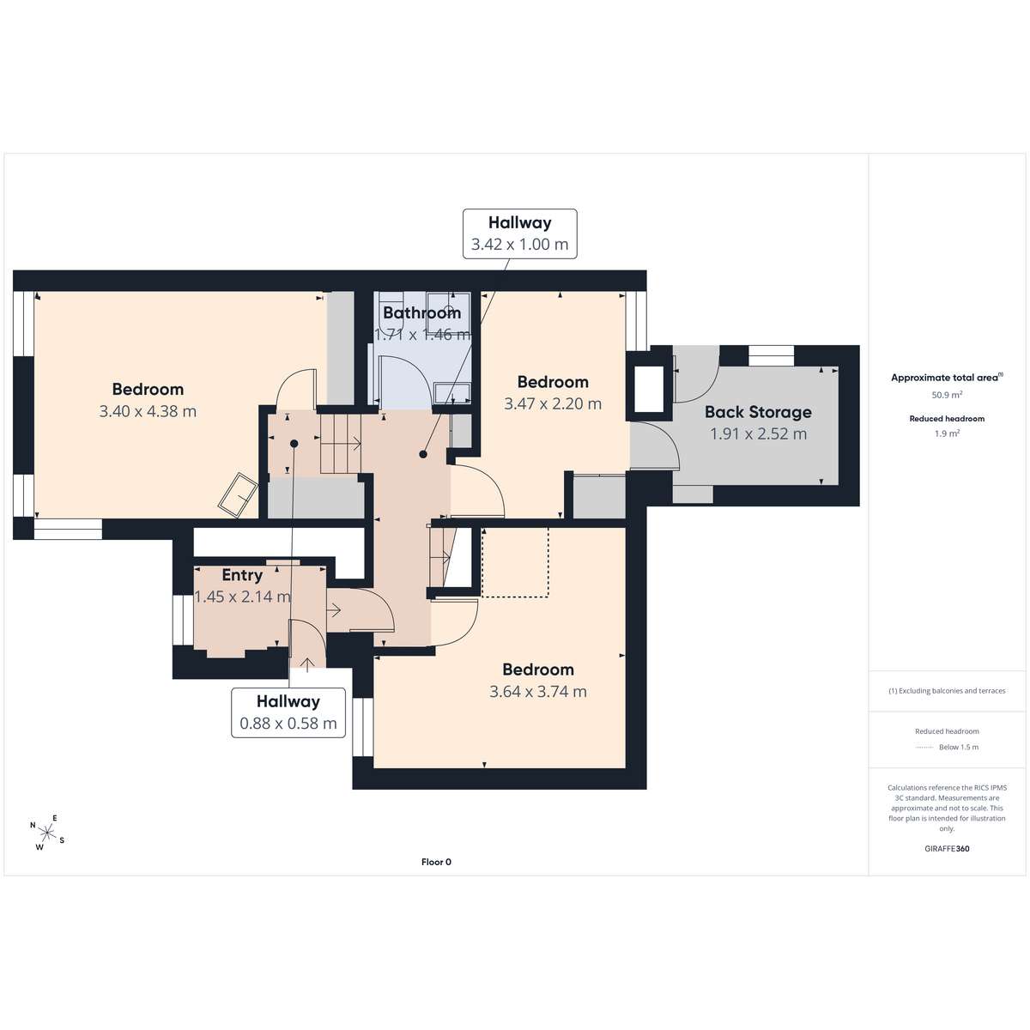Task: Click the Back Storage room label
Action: pyautogui.click(x=758, y=412)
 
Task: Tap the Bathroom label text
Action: pyautogui.click(x=421, y=312)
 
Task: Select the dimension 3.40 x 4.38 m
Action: pyautogui.click(x=148, y=412)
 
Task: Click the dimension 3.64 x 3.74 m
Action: pyautogui.click(x=537, y=692)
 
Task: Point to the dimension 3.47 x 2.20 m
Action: pyautogui.click(x=553, y=404)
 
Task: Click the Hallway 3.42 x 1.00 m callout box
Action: pyautogui.click(x=519, y=234)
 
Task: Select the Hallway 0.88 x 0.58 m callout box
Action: pyautogui.click(x=288, y=713)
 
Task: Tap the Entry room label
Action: pyautogui.click(x=242, y=575)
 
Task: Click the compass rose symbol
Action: pyautogui.click(x=47, y=833)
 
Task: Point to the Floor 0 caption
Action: pyautogui.click(x=436, y=862)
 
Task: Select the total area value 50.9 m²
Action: pyautogui.click(x=947, y=395)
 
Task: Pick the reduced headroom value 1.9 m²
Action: pyautogui.click(x=947, y=433)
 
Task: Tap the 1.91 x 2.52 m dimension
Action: pyautogui.click(x=758, y=434)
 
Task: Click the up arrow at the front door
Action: pyautogui.click(x=307, y=664)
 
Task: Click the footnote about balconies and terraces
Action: pyautogui.click(x=947, y=691)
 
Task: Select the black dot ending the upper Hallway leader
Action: pyautogui.click(x=423, y=454)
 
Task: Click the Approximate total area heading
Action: pyautogui.click(x=947, y=378)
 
